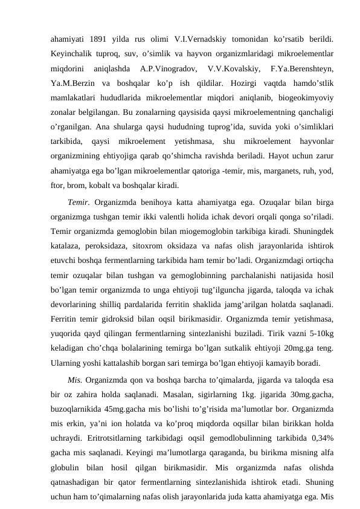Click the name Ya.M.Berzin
[70, 82]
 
